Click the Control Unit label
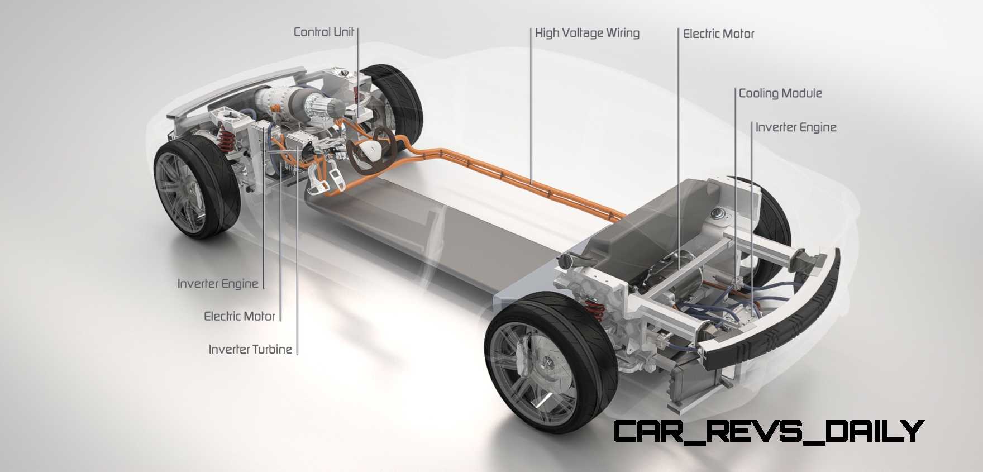coord(324,32)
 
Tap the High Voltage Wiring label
coord(587,33)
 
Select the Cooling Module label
coord(780,93)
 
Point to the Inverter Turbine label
coord(250,349)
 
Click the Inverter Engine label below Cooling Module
coord(796,127)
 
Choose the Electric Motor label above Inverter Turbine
coord(240,316)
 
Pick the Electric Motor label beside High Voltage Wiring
coord(718,34)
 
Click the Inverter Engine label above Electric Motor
coord(218,284)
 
